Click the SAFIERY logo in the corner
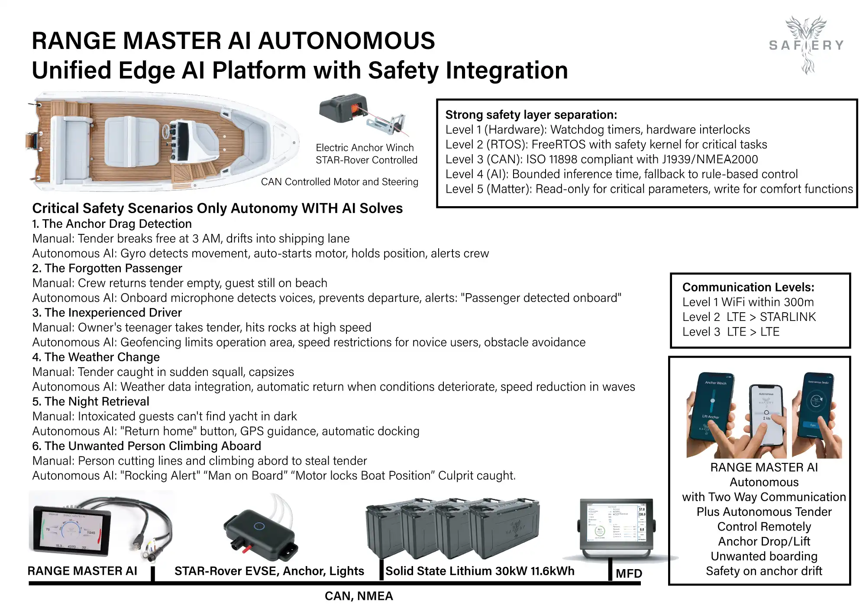click(806, 44)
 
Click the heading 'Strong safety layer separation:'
click(531, 115)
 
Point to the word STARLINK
click(788, 317)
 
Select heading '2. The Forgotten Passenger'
click(107, 269)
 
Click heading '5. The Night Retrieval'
click(90, 402)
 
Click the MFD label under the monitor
click(629, 574)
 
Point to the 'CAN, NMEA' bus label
click(359, 596)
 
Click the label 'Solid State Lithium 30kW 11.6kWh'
click(480, 571)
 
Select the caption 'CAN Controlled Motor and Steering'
click(339, 182)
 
